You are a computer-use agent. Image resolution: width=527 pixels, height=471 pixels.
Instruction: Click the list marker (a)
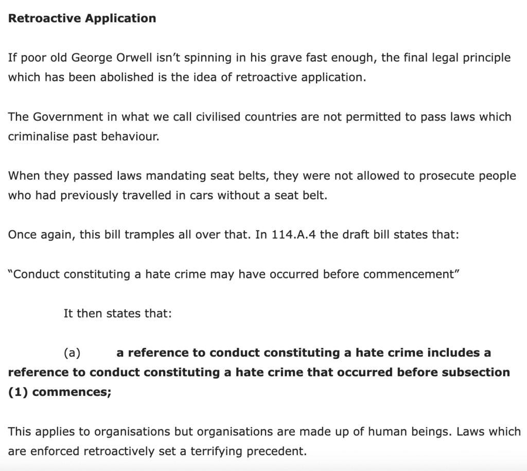[x=72, y=353]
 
